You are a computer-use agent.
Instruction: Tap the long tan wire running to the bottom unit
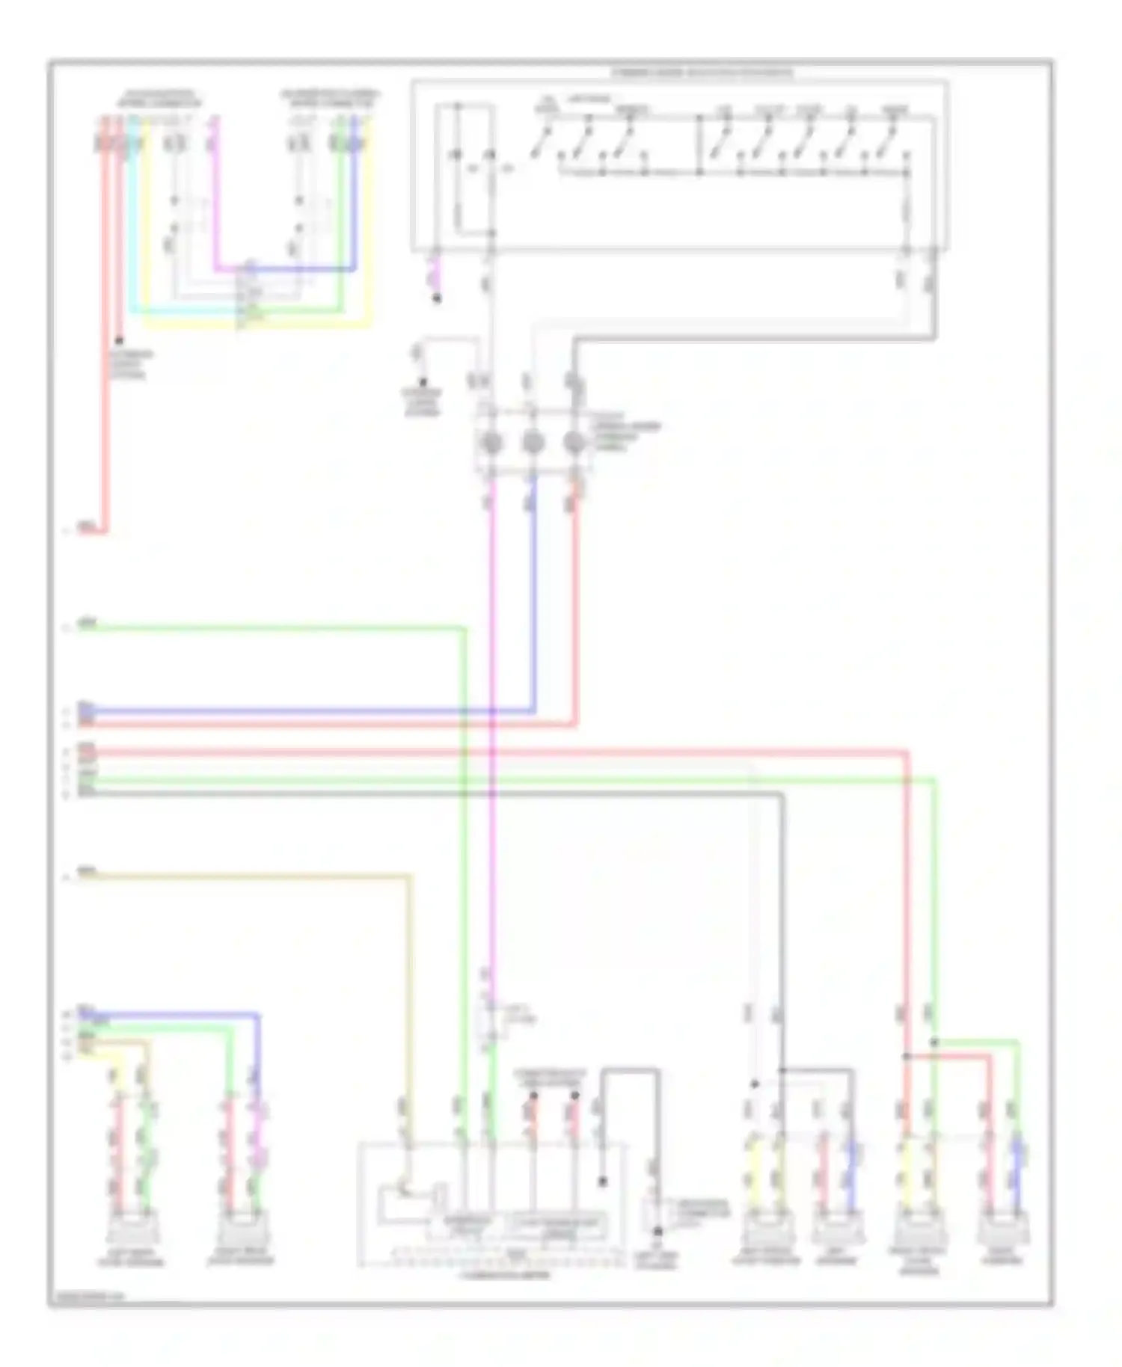pyautogui.click(x=247, y=874)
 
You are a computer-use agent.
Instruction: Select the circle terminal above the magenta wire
pyautogui.click(x=490, y=443)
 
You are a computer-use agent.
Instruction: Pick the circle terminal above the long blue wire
pyautogui.click(x=532, y=443)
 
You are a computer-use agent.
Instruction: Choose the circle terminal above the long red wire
pyautogui.click(x=574, y=443)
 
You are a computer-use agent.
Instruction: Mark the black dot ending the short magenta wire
pyautogui.click(x=437, y=298)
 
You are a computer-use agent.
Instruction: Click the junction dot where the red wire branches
pyautogui.click(x=906, y=1057)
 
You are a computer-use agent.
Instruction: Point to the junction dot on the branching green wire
pyautogui.click(x=934, y=1042)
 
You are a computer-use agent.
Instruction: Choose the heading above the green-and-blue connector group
pyautogui.click(x=330, y=99)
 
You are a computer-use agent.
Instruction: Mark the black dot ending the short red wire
pyautogui.click(x=119, y=340)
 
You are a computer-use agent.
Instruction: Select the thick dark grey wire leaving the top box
pyautogui.click(x=748, y=339)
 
